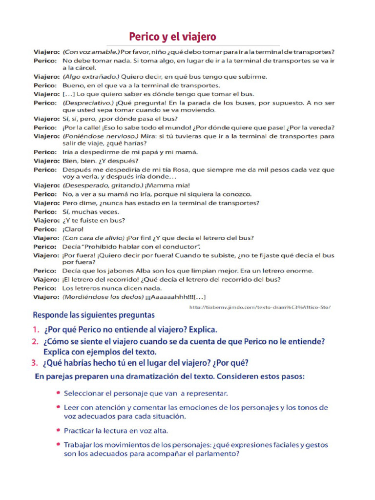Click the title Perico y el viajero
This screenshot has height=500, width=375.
point(172,37)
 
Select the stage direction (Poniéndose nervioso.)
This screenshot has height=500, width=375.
point(101,136)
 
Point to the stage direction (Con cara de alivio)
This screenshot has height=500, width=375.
point(93,238)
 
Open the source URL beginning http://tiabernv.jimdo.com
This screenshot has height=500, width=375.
point(259,307)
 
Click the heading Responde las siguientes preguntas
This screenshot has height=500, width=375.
point(93,315)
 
